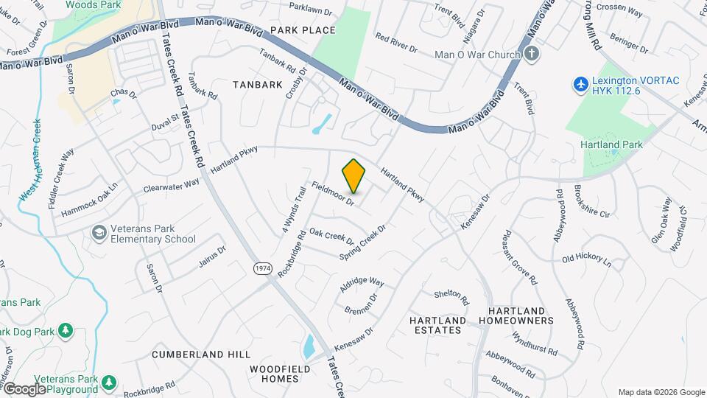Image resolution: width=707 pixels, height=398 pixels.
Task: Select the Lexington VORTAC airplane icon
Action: pyautogui.click(x=580, y=84)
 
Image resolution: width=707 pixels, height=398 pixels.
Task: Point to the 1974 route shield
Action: pyautogui.click(x=262, y=268)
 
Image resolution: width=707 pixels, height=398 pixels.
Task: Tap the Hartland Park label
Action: pyautogui.click(x=611, y=144)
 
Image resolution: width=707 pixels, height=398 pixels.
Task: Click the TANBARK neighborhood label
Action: pyautogui.click(x=258, y=85)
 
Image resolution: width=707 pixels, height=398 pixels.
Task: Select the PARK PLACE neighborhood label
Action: pyautogui.click(x=303, y=30)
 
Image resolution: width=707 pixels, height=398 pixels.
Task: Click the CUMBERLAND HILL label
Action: pyautogui.click(x=201, y=355)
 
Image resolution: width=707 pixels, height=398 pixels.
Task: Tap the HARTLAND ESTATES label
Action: pyautogui.click(x=437, y=325)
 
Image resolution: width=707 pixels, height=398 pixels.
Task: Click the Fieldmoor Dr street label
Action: pyautogui.click(x=334, y=193)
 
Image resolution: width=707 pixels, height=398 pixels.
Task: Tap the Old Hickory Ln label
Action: pyautogui.click(x=586, y=259)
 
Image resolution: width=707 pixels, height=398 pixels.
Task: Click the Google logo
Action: pyautogui.click(x=24, y=389)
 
